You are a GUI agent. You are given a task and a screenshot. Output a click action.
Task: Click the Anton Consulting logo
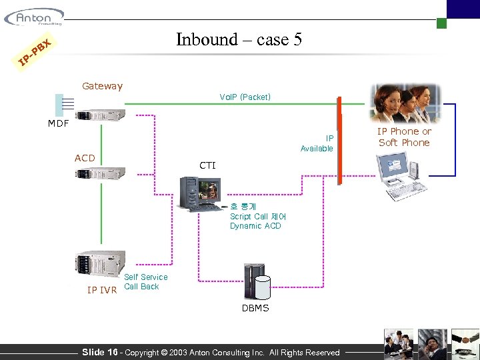(x=33, y=17)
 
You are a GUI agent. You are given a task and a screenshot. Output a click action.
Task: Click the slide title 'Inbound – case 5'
(x=239, y=40)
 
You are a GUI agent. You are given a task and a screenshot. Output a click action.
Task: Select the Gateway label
(x=102, y=86)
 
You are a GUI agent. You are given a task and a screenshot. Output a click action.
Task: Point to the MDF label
(x=58, y=123)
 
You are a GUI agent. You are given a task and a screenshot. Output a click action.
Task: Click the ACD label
(x=85, y=158)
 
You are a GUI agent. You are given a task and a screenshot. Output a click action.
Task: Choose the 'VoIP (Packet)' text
(x=245, y=97)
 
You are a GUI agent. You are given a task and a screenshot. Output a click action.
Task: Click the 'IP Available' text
(x=317, y=143)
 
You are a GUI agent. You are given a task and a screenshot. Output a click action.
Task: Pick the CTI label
(x=207, y=165)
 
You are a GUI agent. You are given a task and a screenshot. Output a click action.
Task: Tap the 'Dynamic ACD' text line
(x=255, y=226)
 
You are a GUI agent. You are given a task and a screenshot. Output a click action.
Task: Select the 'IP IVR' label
(x=102, y=289)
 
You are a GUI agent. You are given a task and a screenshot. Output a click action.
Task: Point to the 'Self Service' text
(x=146, y=277)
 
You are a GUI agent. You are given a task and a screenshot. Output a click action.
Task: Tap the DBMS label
(x=255, y=308)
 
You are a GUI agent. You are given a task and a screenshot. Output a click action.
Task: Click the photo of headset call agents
(x=405, y=103)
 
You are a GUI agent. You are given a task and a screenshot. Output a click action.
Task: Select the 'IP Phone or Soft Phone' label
(x=404, y=137)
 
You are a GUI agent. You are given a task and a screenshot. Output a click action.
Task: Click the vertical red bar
(x=339, y=140)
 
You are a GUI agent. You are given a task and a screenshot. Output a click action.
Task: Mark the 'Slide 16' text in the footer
(x=99, y=352)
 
